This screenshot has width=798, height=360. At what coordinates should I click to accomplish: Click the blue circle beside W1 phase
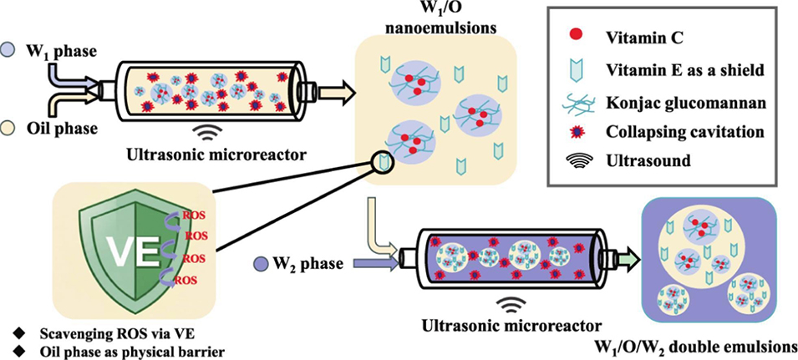point(8,49)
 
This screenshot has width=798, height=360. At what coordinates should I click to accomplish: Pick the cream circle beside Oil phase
point(8,127)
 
